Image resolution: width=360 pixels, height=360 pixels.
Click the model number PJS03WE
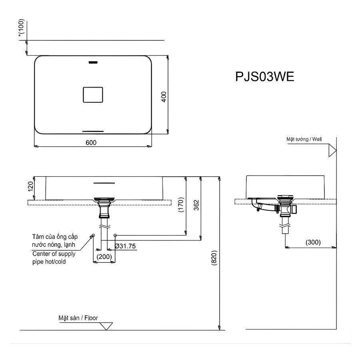coord(265,76)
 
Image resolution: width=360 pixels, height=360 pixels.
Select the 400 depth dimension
coord(164,96)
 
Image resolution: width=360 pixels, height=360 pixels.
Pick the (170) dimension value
coord(181,205)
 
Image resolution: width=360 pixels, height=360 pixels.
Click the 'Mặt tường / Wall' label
coord(304,139)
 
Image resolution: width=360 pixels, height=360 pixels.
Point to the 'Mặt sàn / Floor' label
coord(78,318)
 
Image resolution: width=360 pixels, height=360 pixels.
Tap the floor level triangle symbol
coord(106,326)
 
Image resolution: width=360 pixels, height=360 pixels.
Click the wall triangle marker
coord(331,150)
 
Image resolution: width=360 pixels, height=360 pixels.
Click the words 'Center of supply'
coord(54,254)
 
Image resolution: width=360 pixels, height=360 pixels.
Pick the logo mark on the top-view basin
coord(92,62)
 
